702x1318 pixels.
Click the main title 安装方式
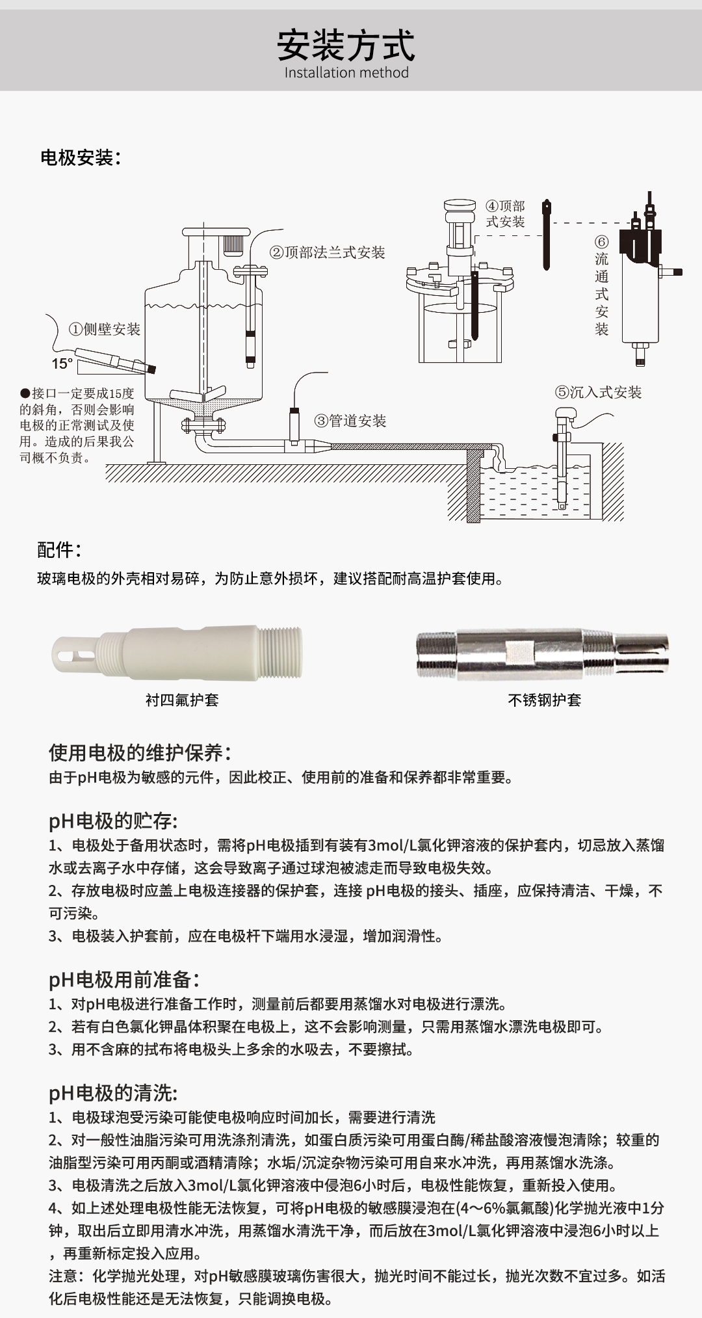coord(346,45)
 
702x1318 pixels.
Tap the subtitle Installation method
coord(346,73)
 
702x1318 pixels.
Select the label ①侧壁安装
coord(105,329)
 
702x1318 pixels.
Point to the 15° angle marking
coord(62,364)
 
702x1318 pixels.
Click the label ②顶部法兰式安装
coord(327,253)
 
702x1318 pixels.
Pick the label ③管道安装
coord(350,421)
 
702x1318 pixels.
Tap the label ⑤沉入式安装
coord(598,392)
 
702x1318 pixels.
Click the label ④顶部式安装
coord(505,214)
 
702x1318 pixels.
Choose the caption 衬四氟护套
coord(182,700)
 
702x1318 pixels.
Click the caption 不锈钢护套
coord(544,700)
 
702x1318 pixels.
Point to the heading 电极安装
coord(80,157)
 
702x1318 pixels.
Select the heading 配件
coord(58,550)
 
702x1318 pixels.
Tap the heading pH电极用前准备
coord(123,980)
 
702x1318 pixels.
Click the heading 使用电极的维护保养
coord(140,753)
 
